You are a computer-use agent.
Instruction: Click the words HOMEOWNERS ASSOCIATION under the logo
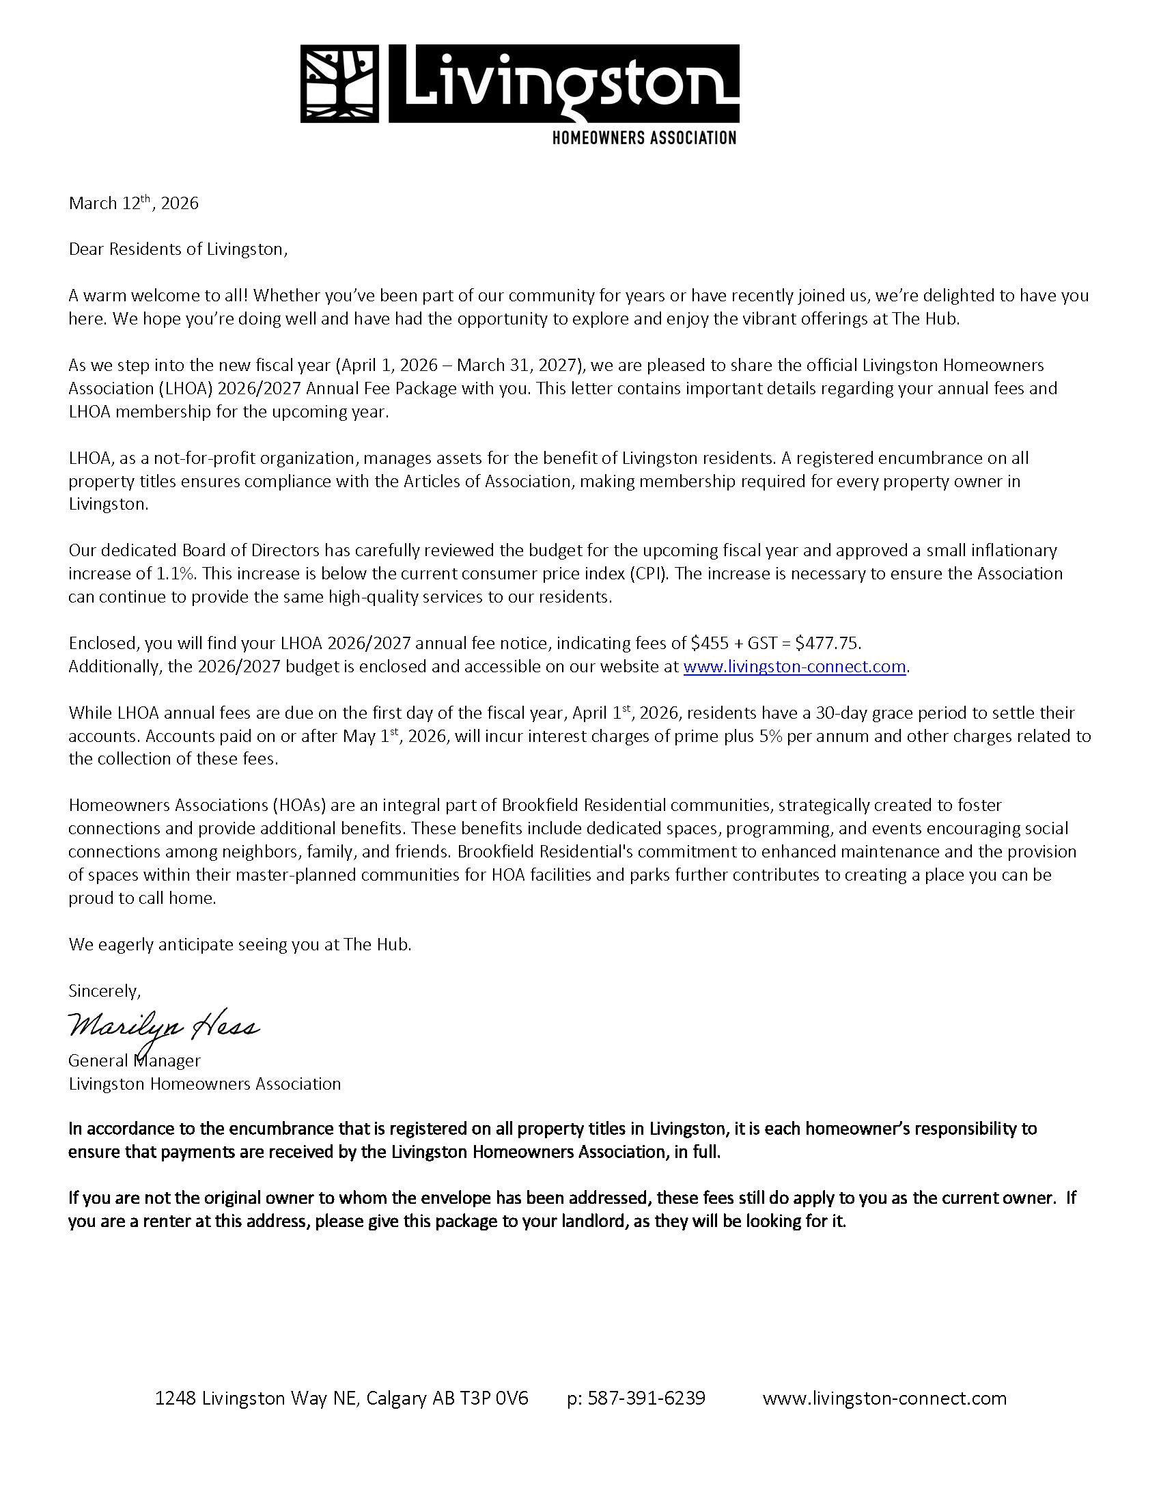click(x=644, y=137)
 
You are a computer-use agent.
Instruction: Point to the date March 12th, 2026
click(x=133, y=203)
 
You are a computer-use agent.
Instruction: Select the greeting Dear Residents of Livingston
click(x=178, y=249)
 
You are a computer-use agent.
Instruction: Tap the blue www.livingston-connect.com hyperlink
click(x=794, y=666)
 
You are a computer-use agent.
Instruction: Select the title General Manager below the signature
click(x=135, y=1060)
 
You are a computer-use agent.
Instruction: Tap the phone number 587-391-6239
click(x=647, y=1398)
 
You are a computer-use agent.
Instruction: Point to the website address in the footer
click(x=884, y=1398)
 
